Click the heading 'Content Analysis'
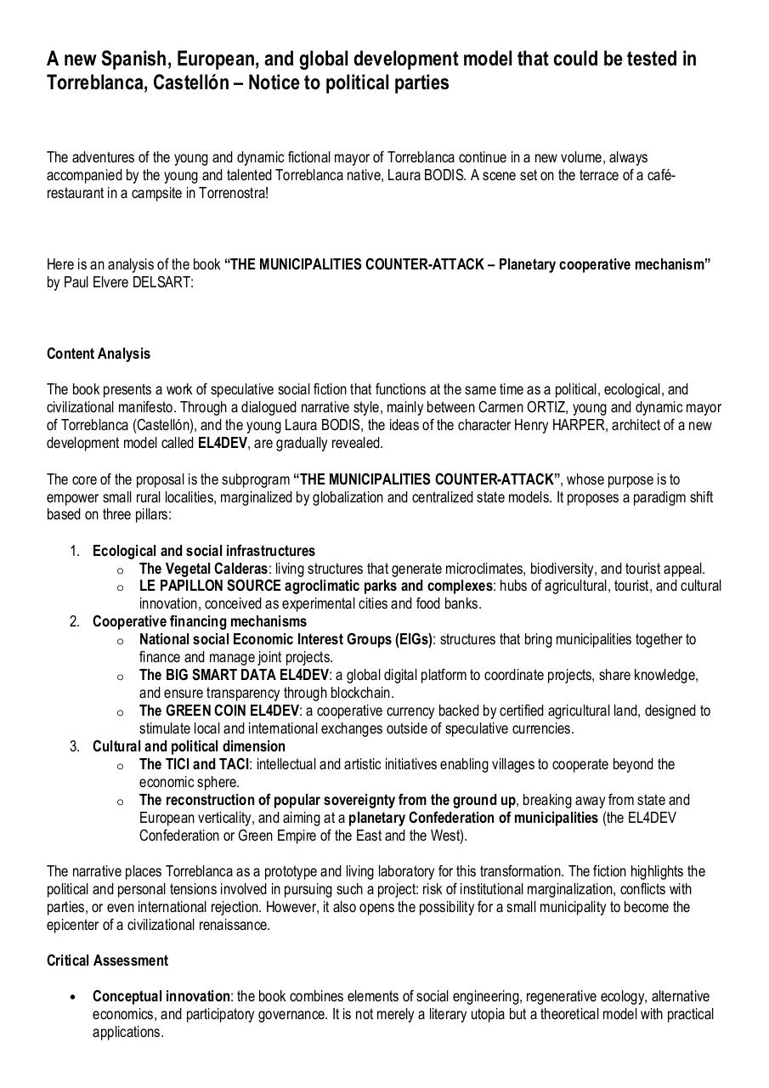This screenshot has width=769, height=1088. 98,354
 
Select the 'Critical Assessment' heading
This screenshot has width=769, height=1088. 107,960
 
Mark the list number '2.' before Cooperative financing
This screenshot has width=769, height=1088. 75,621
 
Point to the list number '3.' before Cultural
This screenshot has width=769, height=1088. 75,746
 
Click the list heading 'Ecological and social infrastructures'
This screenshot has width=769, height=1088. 204,551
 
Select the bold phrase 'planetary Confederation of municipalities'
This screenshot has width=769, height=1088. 472,818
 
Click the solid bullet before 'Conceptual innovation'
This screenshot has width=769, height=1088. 76,997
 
